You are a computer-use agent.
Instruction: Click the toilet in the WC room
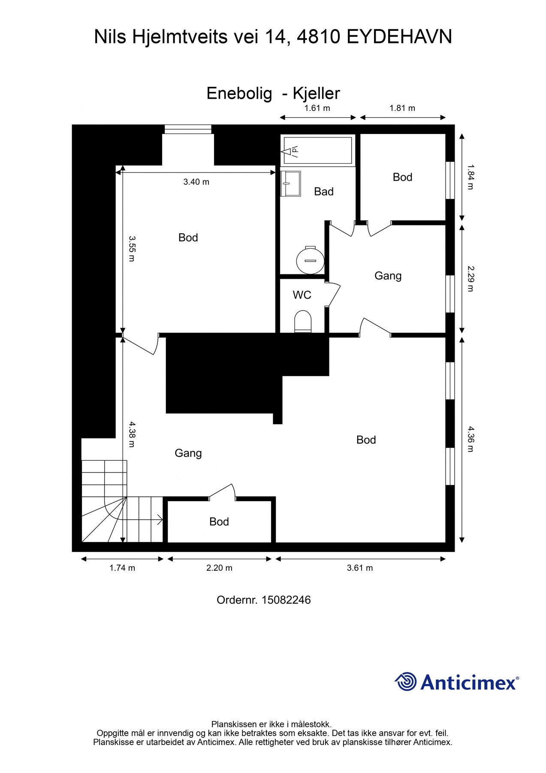pos(303,322)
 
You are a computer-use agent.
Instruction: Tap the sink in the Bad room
pos(290,183)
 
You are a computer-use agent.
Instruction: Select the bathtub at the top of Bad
pos(317,150)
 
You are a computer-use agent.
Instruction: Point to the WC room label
pos(302,295)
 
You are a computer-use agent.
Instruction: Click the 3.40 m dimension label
pos(196,182)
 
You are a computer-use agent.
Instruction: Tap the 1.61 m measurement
pos(317,108)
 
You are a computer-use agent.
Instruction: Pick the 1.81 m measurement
pos(402,108)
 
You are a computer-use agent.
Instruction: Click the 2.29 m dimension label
pos(471,278)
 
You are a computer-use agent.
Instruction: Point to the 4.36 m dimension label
pos(471,439)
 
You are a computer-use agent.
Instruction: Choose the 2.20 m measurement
pos(220,568)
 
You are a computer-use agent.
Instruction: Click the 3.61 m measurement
pos(360,568)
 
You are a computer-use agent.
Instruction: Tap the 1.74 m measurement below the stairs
pos(122,568)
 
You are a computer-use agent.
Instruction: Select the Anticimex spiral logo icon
pos(406,682)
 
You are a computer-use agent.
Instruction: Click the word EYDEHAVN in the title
pos(399,37)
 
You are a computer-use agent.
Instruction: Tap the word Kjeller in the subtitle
pos(317,93)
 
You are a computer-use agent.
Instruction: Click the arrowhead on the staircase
pos(160,520)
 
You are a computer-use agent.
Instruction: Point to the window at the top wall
pos(188,129)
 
